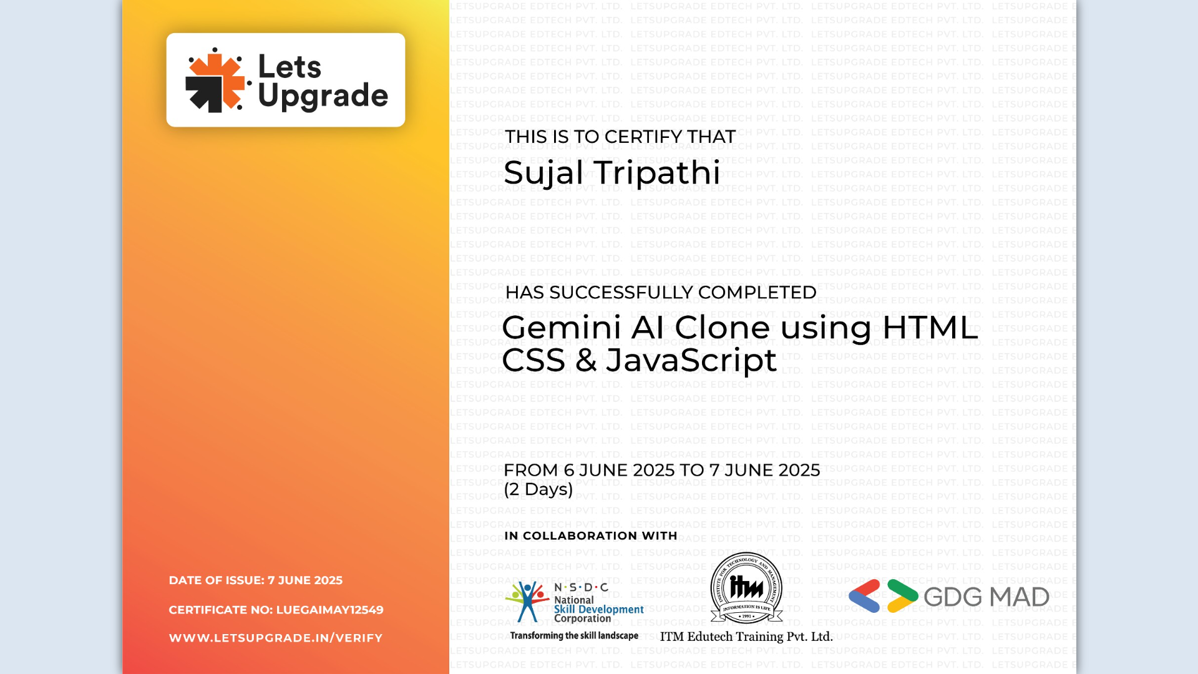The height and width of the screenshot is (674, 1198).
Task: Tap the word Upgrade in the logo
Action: click(323, 96)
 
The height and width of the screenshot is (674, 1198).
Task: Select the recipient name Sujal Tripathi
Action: click(611, 173)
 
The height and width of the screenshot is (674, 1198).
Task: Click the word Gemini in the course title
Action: click(562, 328)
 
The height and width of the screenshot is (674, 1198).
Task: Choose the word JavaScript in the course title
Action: click(691, 361)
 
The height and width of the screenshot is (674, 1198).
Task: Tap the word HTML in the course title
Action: click(930, 328)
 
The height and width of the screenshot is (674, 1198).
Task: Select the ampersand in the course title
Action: click(586, 361)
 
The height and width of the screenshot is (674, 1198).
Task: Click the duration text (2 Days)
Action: click(538, 489)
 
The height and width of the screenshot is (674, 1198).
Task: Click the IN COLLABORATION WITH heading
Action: click(590, 536)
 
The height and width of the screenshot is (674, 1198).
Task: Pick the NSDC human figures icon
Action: click(527, 602)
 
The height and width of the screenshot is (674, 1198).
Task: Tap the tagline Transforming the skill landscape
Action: click(574, 636)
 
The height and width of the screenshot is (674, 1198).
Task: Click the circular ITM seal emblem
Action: click(746, 587)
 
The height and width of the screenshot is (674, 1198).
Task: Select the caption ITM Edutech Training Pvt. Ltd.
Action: click(746, 637)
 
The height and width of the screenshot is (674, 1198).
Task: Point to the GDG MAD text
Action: click(986, 597)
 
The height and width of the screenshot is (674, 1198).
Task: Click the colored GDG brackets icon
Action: click(883, 596)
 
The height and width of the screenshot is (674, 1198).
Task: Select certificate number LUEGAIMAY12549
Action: click(329, 610)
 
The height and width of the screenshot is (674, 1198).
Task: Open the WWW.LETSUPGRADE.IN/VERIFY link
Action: click(276, 638)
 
